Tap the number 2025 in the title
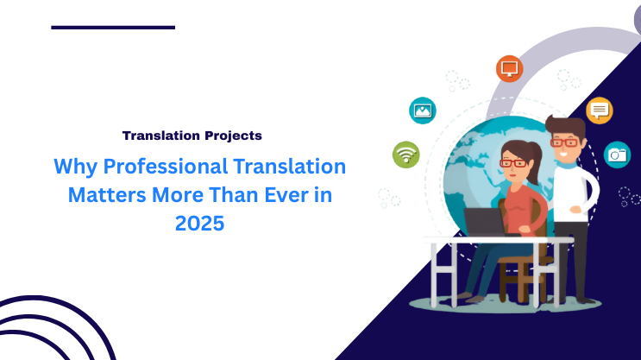[199, 224]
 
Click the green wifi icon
[405, 155]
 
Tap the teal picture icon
[423, 110]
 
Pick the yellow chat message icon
[599, 111]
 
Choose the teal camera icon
[617, 155]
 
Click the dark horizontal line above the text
[113, 28]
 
